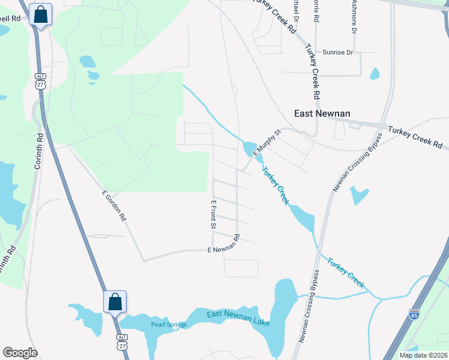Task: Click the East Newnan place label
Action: click(x=322, y=113)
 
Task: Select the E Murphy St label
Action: click(x=267, y=143)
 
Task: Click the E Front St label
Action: click(x=212, y=215)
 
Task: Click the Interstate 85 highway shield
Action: click(x=414, y=314)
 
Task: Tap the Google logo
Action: click(x=20, y=352)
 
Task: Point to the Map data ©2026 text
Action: click(x=423, y=355)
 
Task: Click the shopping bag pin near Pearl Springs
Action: click(x=115, y=301)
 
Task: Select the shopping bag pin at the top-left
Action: click(x=40, y=14)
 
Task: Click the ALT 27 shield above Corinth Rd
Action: click(x=40, y=80)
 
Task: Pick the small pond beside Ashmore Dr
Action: click(x=375, y=74)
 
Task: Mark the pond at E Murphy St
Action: click(x=248, y=147)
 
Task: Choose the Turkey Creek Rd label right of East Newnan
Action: click(x=415, y=137)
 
